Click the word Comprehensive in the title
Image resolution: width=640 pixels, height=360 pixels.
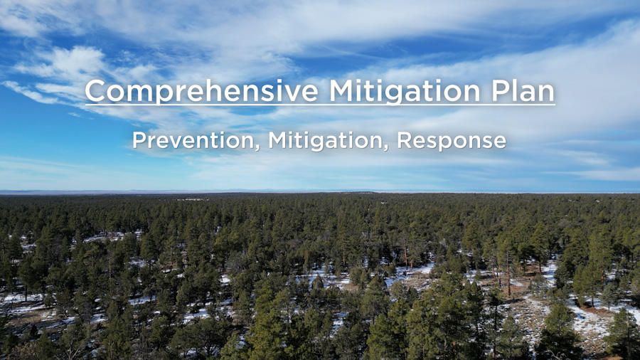coord(202,92)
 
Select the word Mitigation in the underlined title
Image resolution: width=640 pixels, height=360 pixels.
coord(405,92)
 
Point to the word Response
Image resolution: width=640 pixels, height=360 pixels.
coord(452,141)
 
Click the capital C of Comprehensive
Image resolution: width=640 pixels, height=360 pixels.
coord(95,90)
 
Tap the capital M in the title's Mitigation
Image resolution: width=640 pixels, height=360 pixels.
coord(342,90)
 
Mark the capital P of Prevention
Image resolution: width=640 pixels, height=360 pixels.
coord(139,140)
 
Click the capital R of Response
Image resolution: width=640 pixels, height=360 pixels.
coord(404,140)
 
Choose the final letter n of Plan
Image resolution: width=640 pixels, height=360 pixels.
coord(547,93)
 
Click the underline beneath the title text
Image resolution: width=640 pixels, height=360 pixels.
coord(320,105)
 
